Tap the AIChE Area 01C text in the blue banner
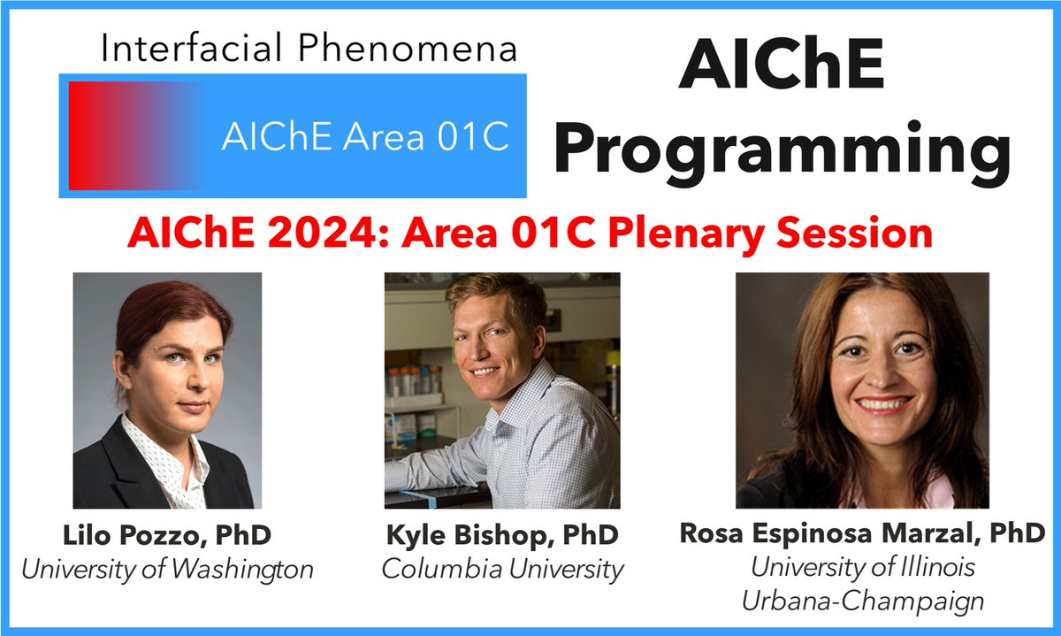click(x=365, y=137)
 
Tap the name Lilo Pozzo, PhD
click(x=167, y=536)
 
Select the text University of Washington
click(x=167, y=569)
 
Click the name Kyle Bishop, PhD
click(x=502, y=536)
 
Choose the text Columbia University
click(x=502, y=569)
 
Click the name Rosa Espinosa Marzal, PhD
click(x=862, y=533)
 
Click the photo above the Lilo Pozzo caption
click(x=167, y=389)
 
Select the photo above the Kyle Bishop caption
click(x=502, y=389)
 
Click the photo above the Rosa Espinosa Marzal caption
click(x=862, y=389)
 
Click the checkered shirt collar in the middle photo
click(x=530, y=389)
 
